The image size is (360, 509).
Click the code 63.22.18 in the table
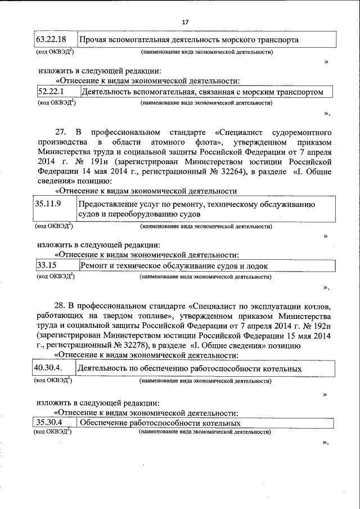pyautogui.click(x=51, y=39)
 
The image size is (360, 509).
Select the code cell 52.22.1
pyautogui.click(x=51, y=91)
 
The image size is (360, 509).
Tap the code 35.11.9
pyautogui.click(x=48, y=205)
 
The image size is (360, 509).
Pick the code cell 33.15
pyautogui.click(x=46, y=265)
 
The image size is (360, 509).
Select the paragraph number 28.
pyautogui.click(x=60, y=307)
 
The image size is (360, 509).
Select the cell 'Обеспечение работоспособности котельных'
pyautogui.click(x=160, y=424)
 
